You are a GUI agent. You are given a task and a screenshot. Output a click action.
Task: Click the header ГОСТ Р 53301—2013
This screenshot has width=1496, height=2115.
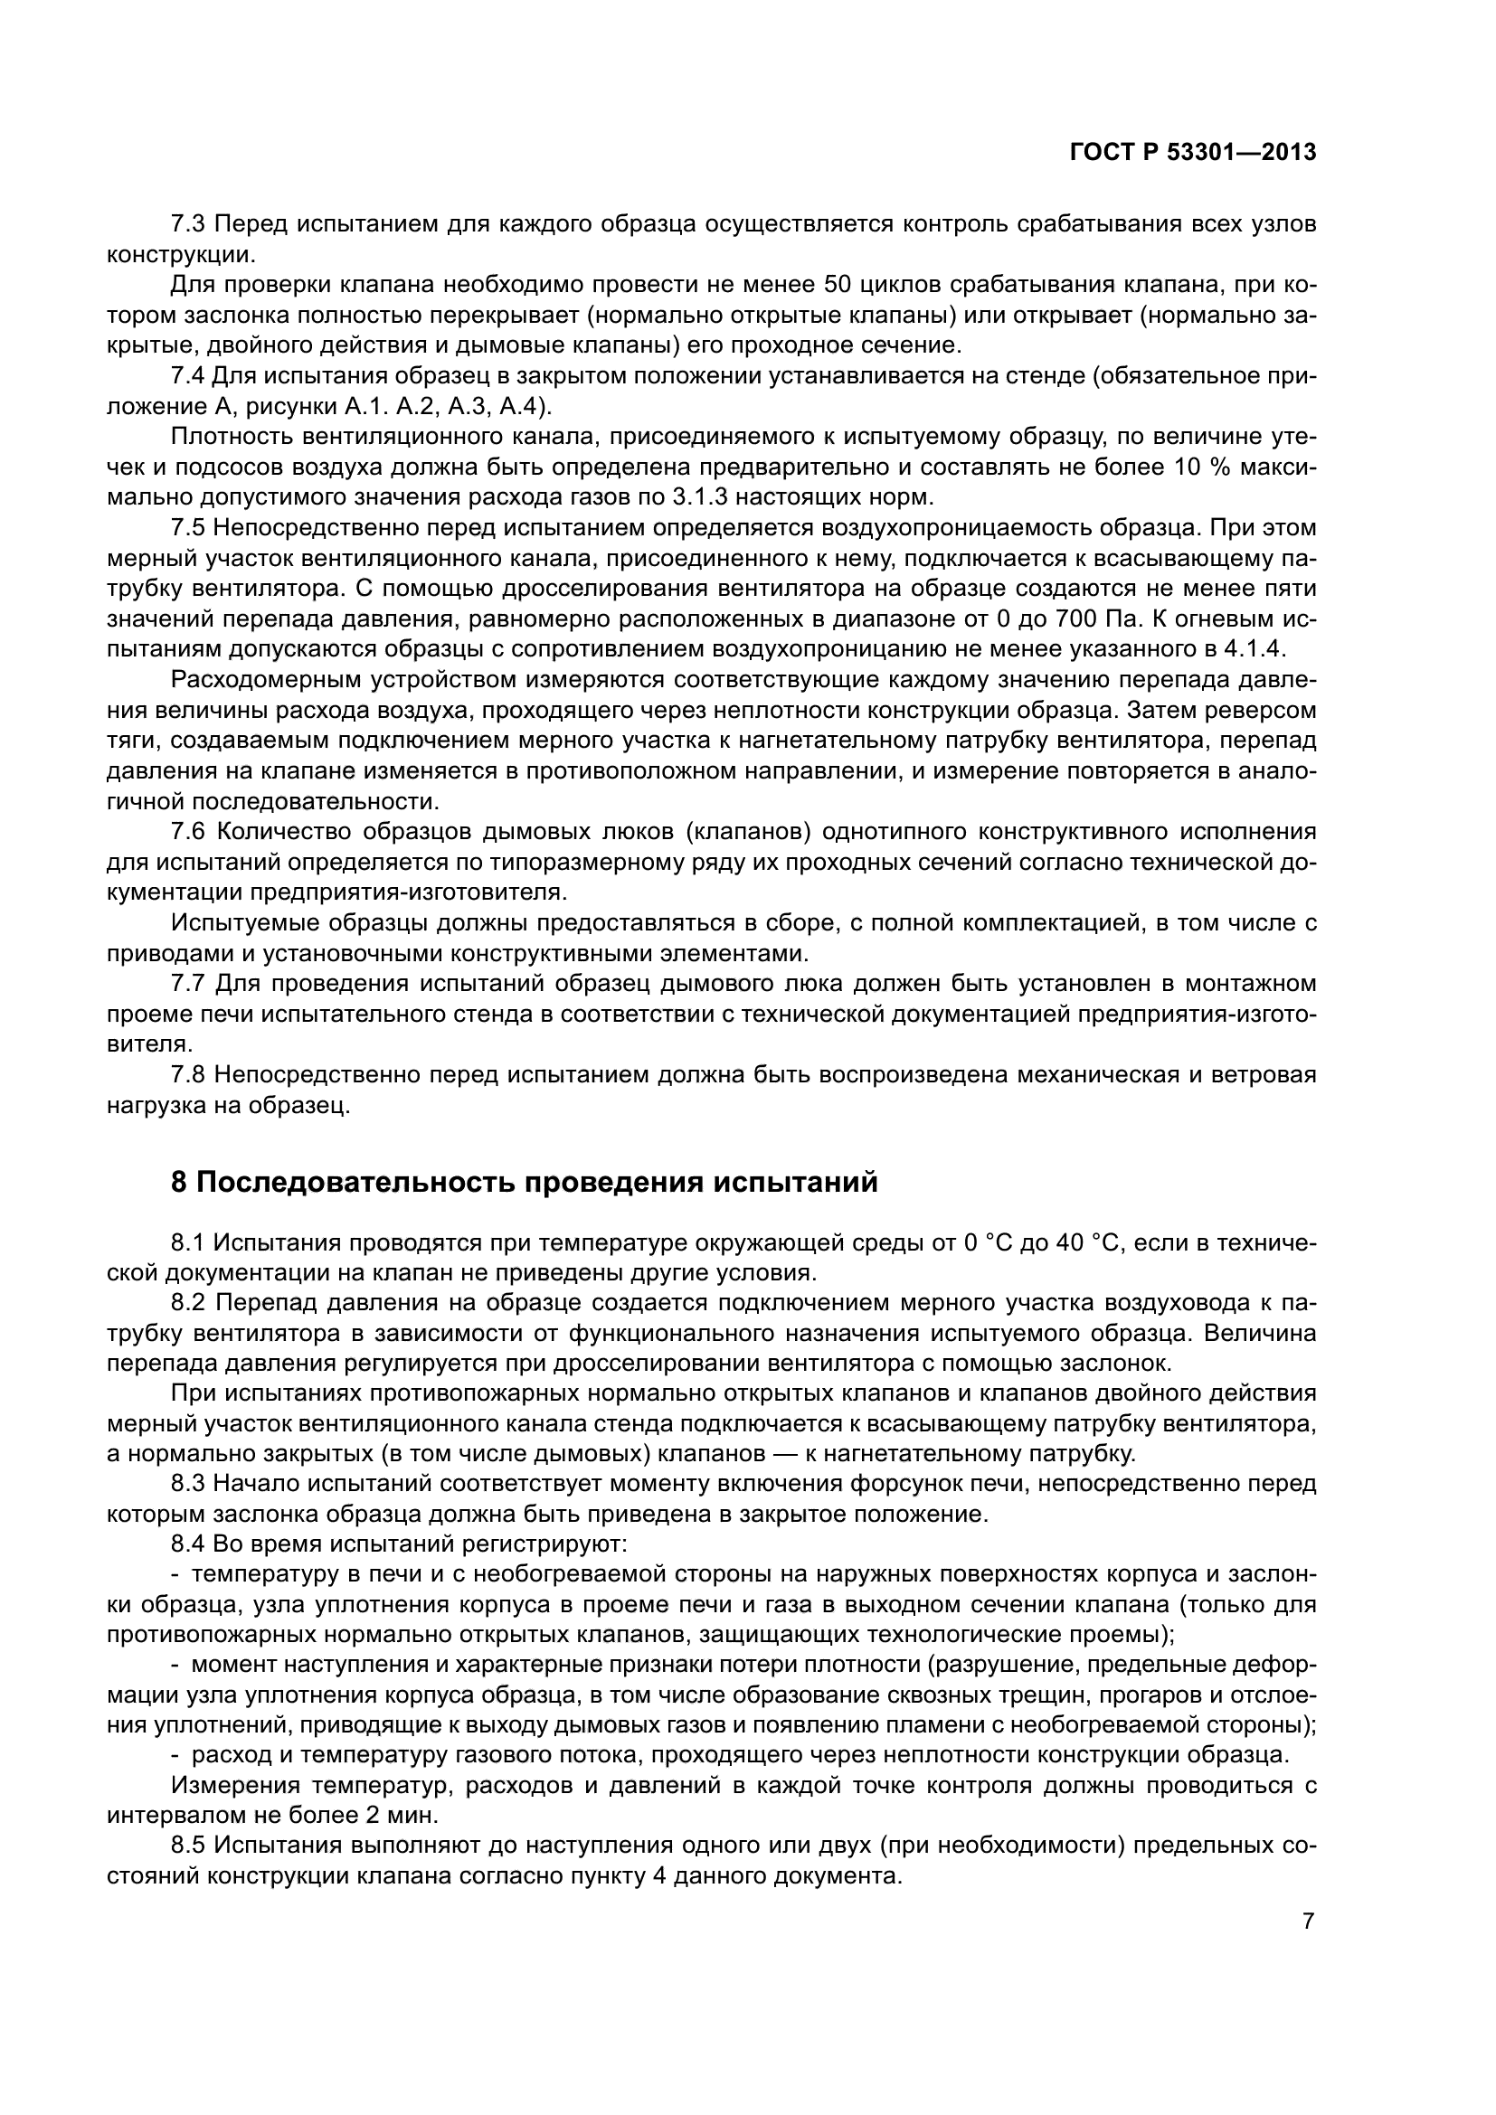click(x=1193, y=153)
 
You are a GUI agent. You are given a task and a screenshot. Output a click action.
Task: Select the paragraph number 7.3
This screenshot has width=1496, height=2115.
click(x=190, y=224)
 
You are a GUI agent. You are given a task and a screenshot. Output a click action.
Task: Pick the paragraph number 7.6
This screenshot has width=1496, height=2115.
click(x=190, y=832)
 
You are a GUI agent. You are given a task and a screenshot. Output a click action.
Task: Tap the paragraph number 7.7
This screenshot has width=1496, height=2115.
click(x=190, y=984)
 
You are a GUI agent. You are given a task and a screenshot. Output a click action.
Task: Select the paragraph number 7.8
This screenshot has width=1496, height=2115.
click(x=190, y=1075)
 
